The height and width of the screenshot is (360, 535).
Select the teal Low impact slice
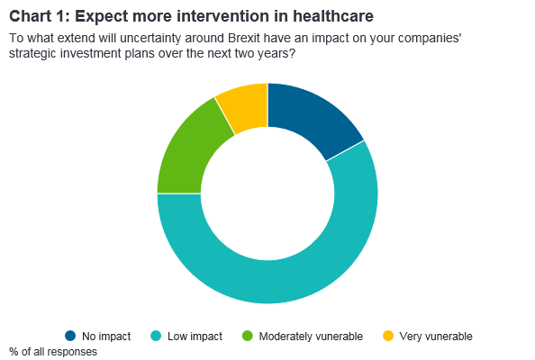coord(273,281)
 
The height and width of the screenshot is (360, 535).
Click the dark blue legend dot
coord(70,336)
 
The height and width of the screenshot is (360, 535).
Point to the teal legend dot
coord(156,336)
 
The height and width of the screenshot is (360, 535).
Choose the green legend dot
coord(248,336)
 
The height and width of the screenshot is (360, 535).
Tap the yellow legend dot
coord(388,336)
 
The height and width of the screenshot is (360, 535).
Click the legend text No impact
coord(106,336)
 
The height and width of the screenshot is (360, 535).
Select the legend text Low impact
coord(195,336)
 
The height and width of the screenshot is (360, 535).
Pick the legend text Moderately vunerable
coord(311,336)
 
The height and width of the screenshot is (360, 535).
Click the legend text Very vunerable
coord(436,336)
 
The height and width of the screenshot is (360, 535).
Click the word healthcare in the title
coord(333,16)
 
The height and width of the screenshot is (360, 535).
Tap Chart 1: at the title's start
coord(40,16)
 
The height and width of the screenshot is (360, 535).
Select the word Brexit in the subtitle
coord(244,38)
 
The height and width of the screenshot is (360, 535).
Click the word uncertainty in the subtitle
coord(150,38)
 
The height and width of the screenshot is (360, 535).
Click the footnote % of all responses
coord(53,352)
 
